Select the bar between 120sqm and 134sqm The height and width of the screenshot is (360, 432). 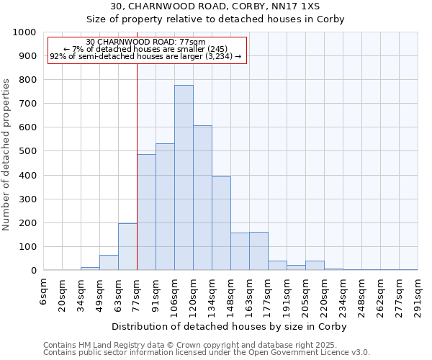click(x=202, y=198)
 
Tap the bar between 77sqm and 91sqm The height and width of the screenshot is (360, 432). click(x=146, y=212)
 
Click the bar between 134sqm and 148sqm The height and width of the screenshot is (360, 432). click(x=221, y=223)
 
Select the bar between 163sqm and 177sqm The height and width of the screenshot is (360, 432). click(x=258, y=251)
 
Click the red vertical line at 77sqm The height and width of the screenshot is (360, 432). click(x=137, y=180)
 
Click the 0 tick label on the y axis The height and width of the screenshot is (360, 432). click(x=33, y=271)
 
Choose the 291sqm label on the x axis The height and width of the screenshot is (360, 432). click(x=418, y=294)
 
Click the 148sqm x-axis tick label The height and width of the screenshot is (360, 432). click(x=230, y=294)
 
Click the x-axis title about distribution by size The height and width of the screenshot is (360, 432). click(x=230, y=327)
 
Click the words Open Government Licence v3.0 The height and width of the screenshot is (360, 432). click(x=314, y=353)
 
